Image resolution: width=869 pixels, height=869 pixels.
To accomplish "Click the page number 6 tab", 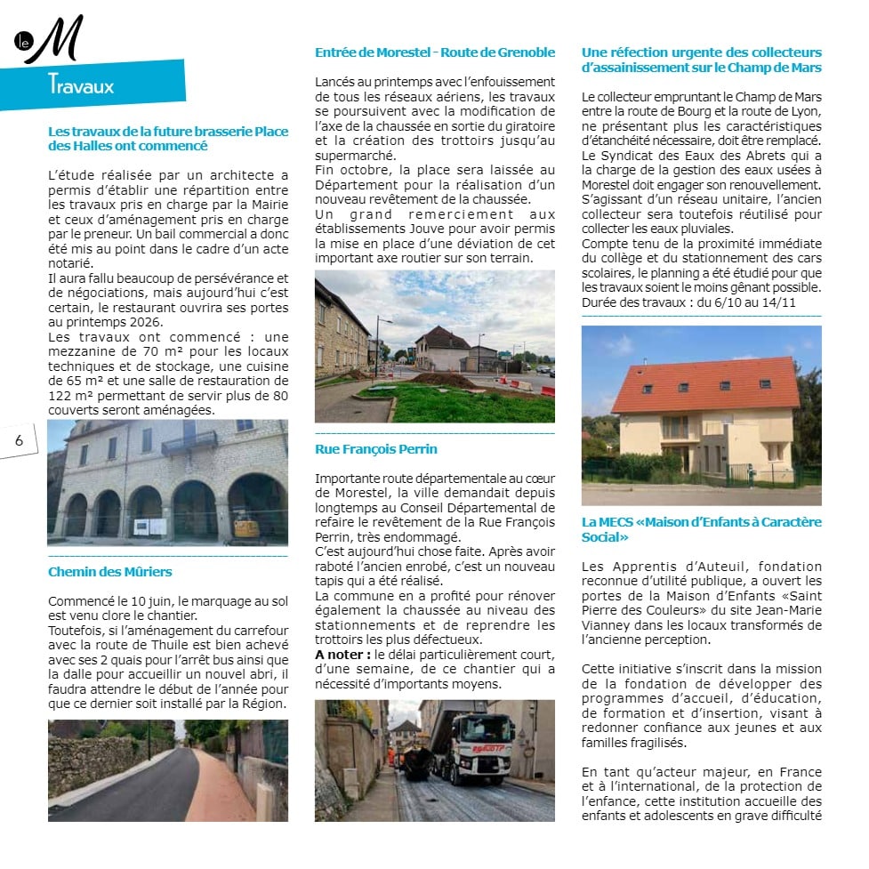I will point(19,439).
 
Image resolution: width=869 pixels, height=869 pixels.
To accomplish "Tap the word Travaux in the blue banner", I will point(81,86).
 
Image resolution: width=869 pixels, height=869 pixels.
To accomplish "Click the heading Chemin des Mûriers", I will point(109,571).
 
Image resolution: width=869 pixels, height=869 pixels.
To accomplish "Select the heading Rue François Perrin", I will point(375,449).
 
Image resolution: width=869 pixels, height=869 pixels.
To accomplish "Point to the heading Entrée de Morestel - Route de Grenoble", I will point(434,52).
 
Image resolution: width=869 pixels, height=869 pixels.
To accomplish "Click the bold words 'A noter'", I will point(342,655).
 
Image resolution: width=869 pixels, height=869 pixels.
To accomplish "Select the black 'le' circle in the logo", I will point(23,40).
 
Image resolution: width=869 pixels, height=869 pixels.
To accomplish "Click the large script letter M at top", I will point(57,40).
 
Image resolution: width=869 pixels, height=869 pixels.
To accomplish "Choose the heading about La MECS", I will point(701,529).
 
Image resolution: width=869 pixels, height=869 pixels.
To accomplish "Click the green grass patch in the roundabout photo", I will point(463,405).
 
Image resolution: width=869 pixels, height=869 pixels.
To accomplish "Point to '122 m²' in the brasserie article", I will point(70,396).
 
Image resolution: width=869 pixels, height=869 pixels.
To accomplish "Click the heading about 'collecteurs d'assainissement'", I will point(701,60).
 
